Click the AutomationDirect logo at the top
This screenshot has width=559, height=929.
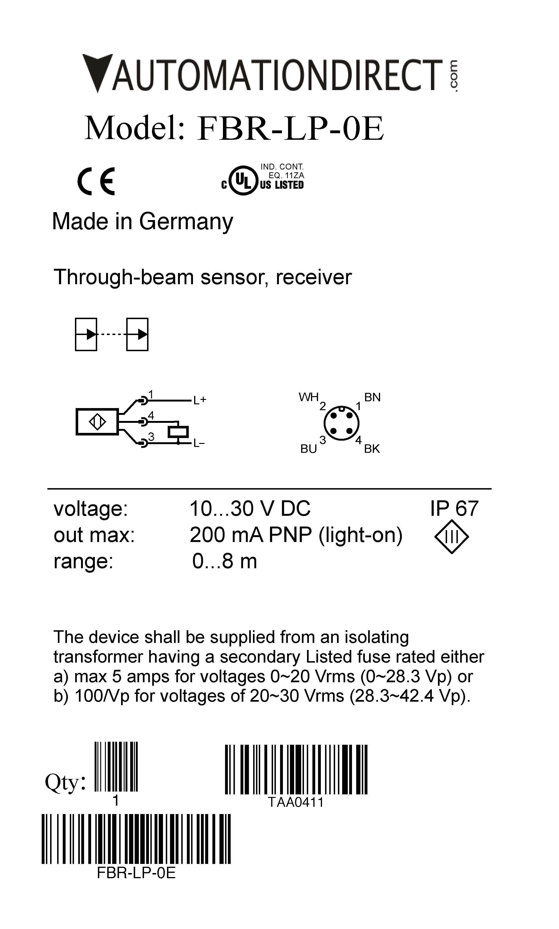(270, 74)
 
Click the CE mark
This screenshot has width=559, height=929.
(96, 181)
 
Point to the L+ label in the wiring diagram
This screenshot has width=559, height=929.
(200, 400)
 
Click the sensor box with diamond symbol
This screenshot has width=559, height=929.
(97, 422)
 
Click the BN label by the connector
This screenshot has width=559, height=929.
(372, 397)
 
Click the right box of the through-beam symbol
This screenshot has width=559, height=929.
(137, 334)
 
